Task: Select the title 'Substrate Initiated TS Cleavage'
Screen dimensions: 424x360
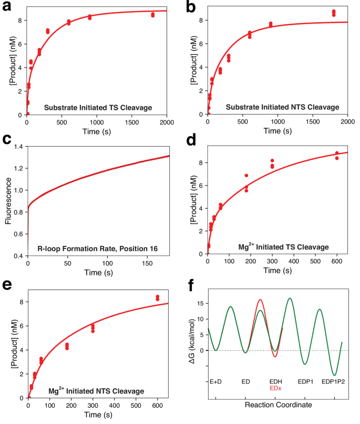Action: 98,108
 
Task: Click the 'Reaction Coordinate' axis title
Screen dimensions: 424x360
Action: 279,405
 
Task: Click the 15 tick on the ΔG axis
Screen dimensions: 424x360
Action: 200,304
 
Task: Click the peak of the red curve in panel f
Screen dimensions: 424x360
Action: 261,300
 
